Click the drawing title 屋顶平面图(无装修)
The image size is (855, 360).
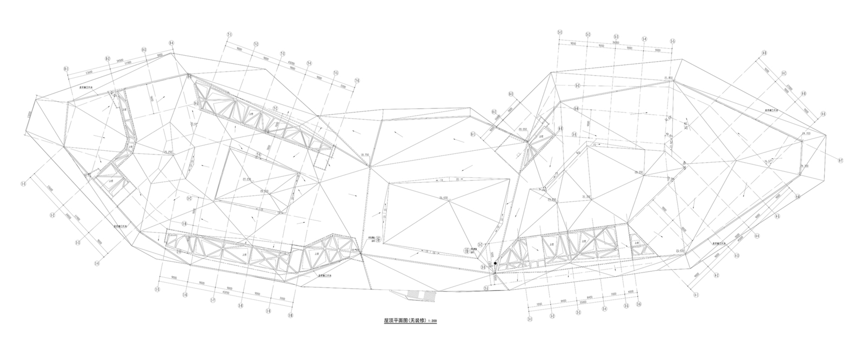(405, 321)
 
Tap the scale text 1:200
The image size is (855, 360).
(432, 322)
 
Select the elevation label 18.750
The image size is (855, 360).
(363, 155)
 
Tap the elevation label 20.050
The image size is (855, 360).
(522, 130)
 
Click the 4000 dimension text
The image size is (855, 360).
(631, 292)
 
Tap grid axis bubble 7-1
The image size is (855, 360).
(229, 35)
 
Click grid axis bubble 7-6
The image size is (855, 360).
(357, 81)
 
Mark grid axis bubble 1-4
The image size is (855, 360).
(97, 264)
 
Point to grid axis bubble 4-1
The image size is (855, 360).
(696, 295)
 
